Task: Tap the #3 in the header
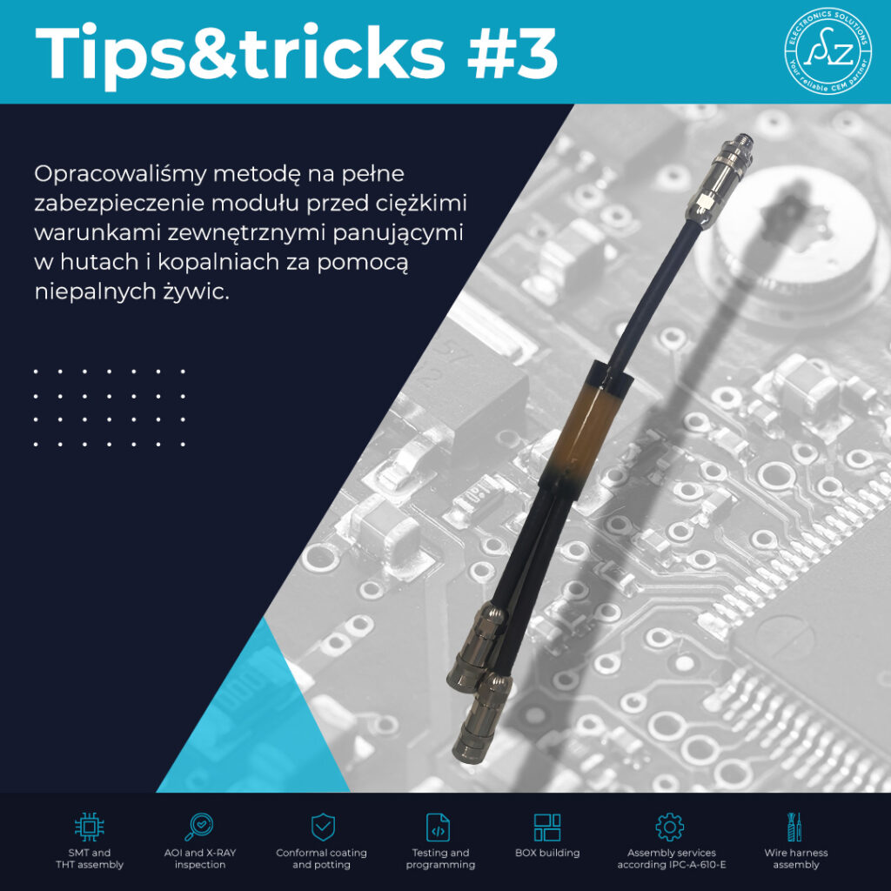tap(512, 53)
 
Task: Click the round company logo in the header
tap(828, 51)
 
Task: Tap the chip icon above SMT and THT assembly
tap(90, 827)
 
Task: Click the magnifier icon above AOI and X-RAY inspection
tap(199, 827)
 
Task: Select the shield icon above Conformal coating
tap(323, 827)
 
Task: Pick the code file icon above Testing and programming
tap(438, 827)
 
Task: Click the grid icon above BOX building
tap(546, 827)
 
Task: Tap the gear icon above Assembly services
tap(669, 827)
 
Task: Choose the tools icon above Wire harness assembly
tap(795, 827)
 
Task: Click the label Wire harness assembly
tap(795, 859)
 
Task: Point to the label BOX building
tap(547, 853)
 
